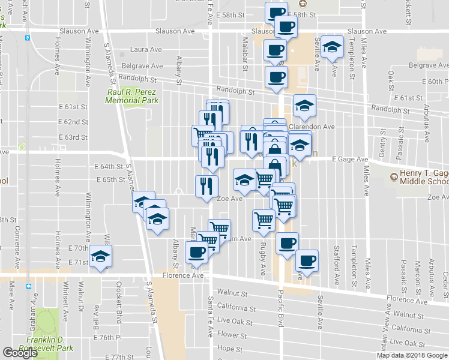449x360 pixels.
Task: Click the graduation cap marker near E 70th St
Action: pos(100,256)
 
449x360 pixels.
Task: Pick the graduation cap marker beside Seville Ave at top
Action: pos(330,47)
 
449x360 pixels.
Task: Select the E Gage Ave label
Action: pos(351,160)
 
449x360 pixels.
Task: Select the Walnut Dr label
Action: pos(80,300)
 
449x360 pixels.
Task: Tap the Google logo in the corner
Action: pos(20,353)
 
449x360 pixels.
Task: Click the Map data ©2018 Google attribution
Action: pos(412,355)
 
